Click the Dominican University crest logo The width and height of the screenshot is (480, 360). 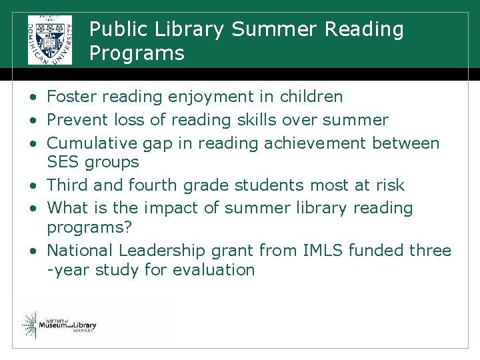49,39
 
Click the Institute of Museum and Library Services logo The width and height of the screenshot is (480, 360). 59,325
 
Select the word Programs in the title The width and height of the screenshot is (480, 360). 137,53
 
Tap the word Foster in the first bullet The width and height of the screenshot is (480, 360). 71,97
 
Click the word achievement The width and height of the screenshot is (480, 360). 315,143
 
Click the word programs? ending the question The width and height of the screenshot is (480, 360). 89,228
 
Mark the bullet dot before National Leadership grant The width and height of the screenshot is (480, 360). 32,251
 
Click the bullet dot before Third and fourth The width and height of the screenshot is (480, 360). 32,185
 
